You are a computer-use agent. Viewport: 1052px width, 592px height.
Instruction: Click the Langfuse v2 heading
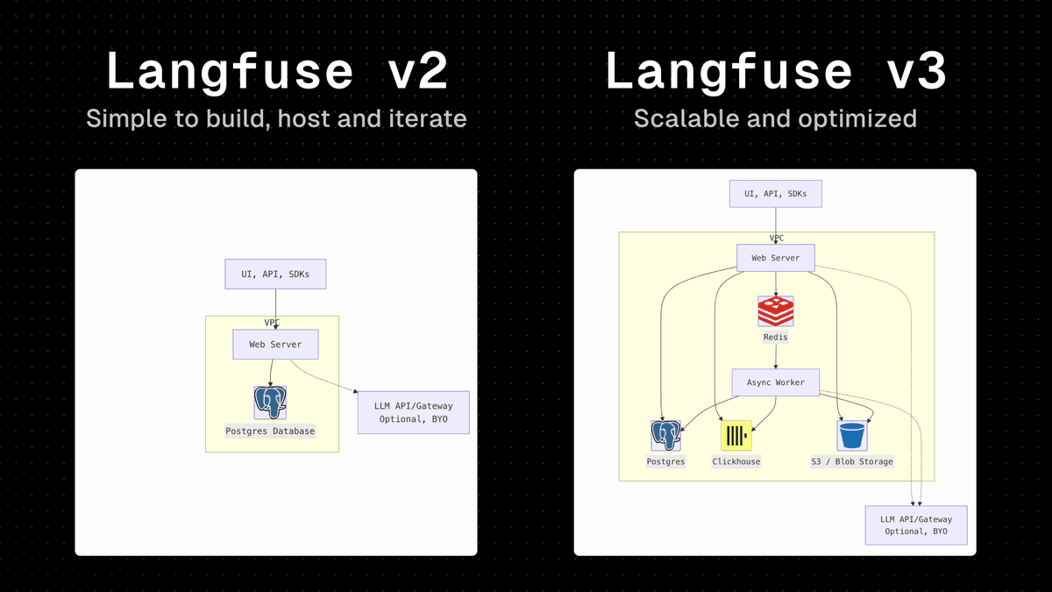[276, 72]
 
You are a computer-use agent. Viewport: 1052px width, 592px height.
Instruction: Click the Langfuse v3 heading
[775, 72]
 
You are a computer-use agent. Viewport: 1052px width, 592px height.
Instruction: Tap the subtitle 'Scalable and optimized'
[775, 118]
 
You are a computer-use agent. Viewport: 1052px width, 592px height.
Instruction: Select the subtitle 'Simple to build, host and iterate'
[276, 118]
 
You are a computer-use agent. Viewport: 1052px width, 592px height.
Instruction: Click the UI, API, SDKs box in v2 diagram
[275, 274]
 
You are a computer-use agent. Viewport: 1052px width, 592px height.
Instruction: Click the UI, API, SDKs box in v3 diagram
[775, 193]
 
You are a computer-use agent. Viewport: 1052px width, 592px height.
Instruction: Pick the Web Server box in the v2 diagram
[275, 345]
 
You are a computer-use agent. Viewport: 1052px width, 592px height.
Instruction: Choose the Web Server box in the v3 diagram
[775, 258]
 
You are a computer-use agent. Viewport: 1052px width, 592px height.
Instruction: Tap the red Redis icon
[775, 311]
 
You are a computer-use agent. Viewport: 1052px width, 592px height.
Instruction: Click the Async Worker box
[775, 382]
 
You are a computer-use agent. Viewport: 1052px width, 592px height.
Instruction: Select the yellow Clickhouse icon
[736, 436]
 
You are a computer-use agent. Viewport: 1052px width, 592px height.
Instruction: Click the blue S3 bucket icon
[851, 436]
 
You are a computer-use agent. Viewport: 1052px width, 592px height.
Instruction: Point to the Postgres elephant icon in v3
[665, 436]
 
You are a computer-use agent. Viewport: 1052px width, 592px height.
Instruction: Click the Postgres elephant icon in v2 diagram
[270, 403]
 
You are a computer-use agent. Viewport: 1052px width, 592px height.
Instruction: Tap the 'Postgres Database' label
[270, 432]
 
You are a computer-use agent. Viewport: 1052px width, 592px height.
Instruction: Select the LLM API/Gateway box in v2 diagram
[414, 412]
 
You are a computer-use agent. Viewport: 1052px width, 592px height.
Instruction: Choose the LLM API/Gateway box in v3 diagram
[916, 525]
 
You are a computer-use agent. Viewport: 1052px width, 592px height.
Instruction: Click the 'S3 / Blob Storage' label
[851, 461]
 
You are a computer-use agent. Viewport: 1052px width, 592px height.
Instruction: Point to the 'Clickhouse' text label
[736, 461]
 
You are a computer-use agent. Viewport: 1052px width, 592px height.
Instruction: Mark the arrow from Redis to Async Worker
[775, 356]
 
